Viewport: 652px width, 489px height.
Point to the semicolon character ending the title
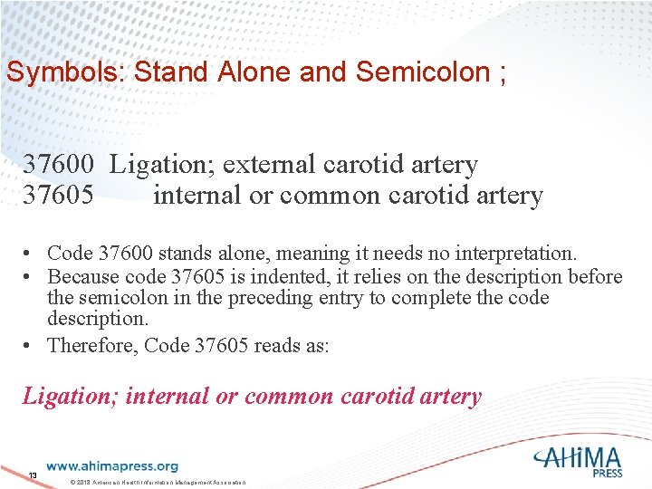point(501,72)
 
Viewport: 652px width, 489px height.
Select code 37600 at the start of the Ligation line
point(58,165)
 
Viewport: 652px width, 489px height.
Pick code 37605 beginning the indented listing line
point(58,195)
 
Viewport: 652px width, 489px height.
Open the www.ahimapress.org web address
point(112,466)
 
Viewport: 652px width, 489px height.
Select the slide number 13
point(33,475)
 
